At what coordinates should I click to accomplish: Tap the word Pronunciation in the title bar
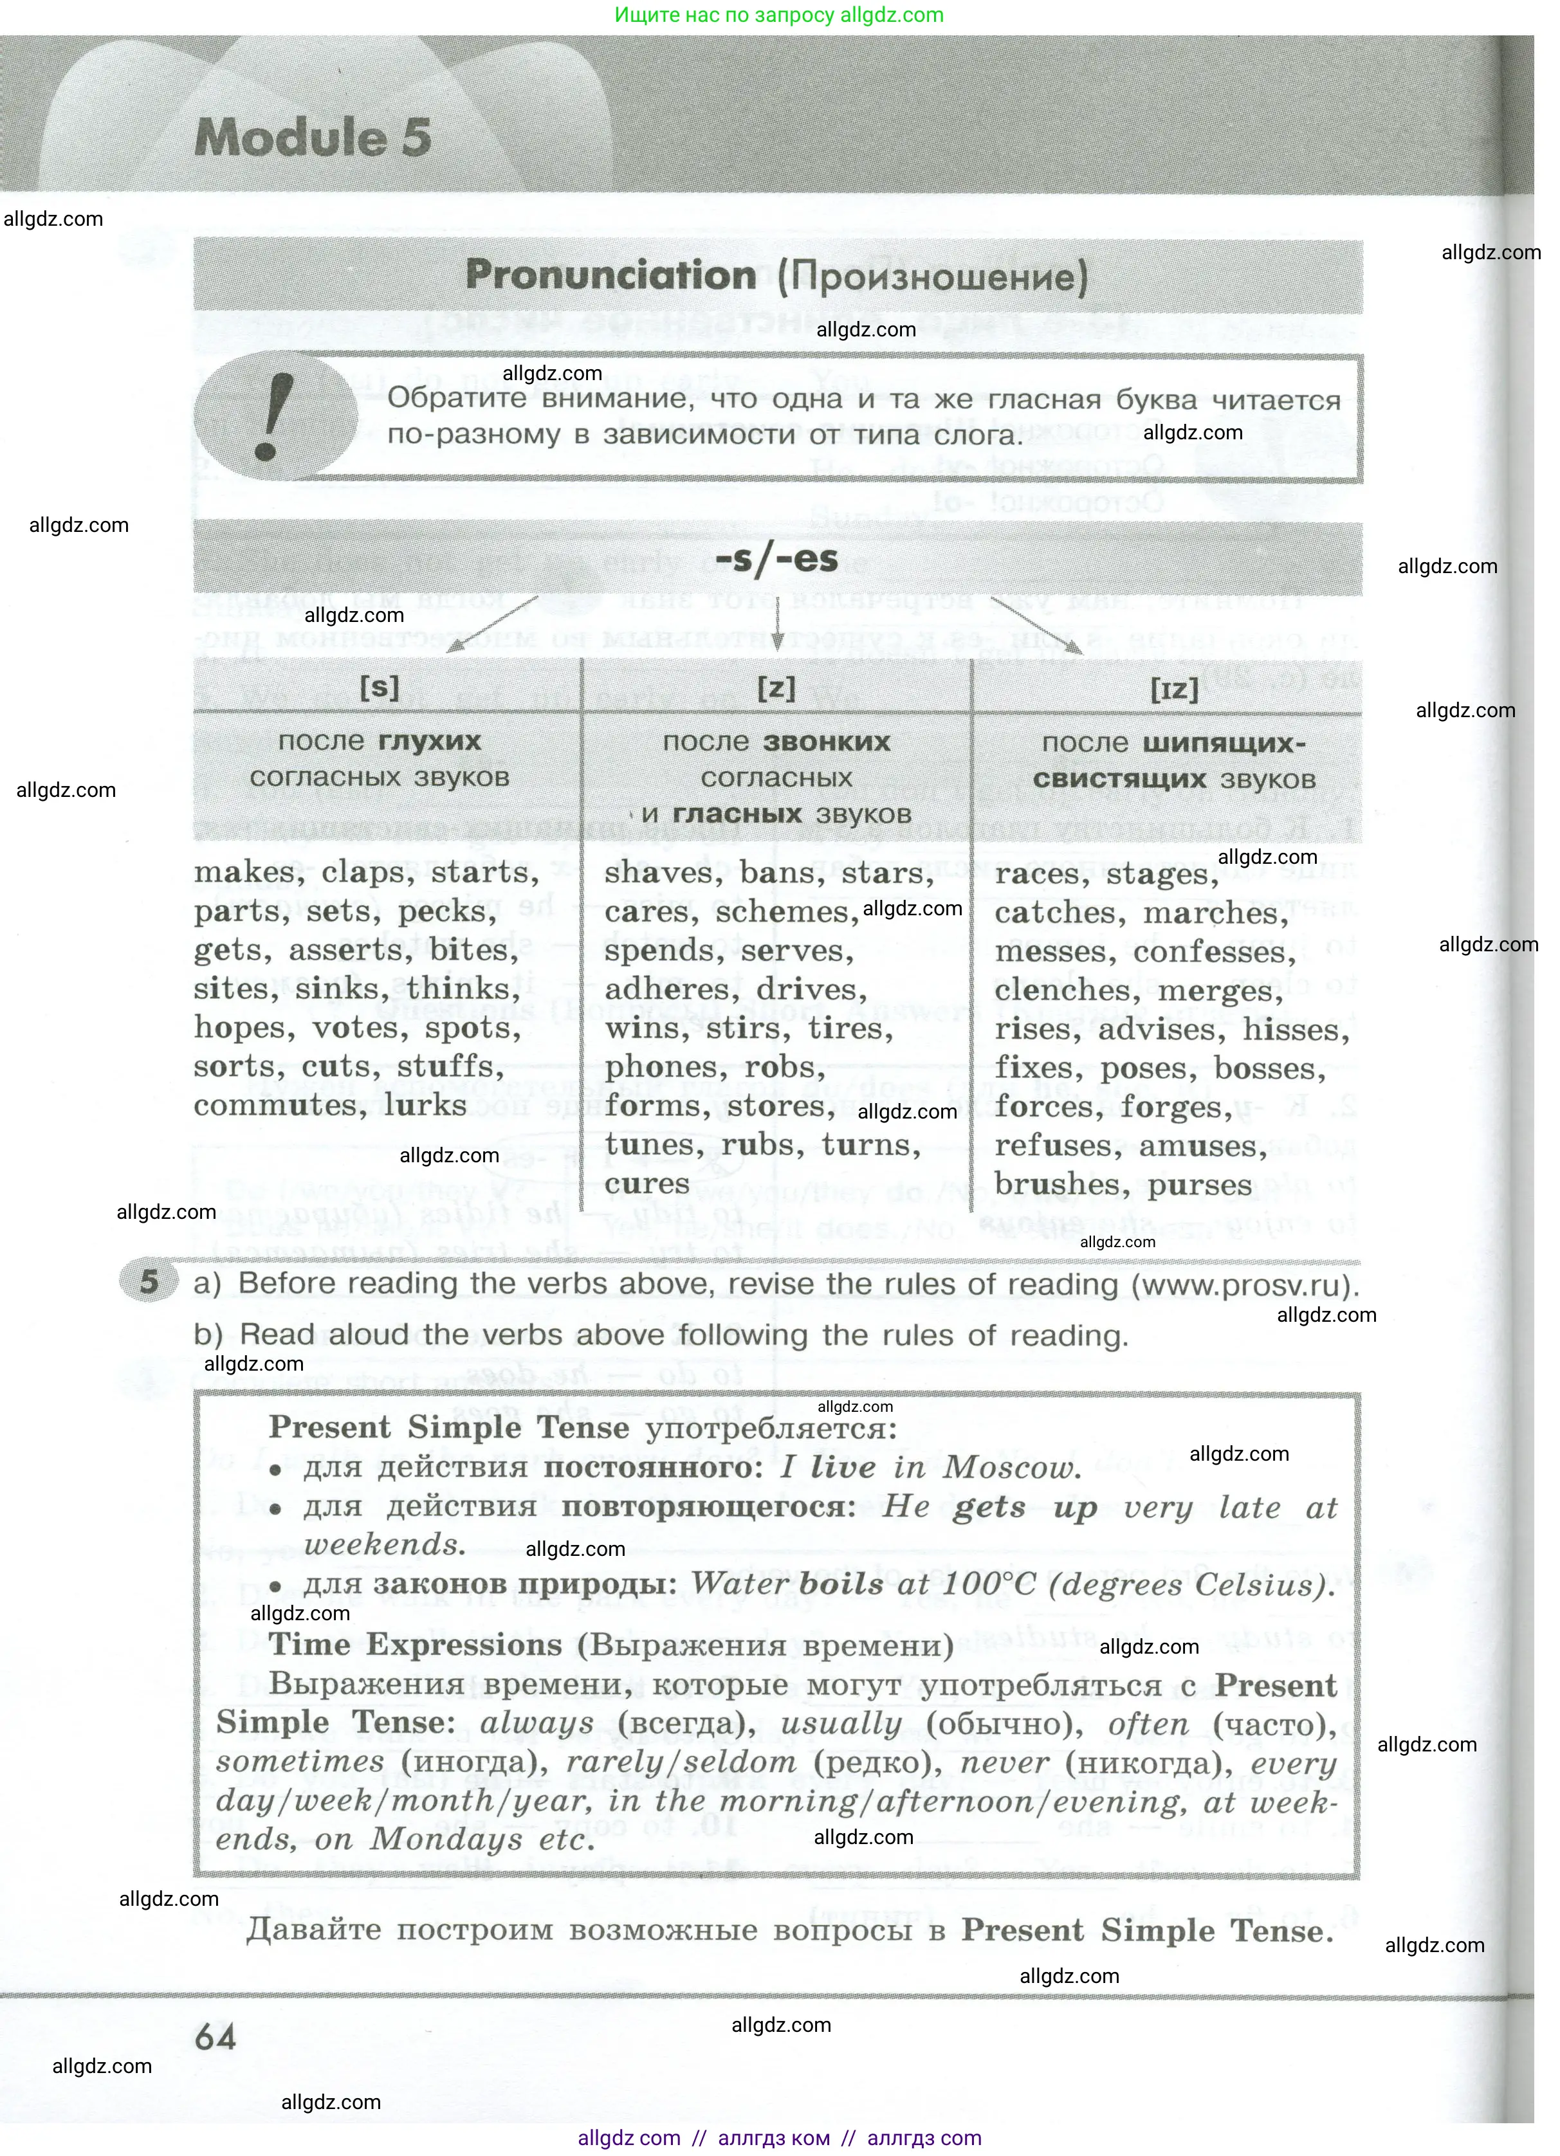click(x=610, y=276)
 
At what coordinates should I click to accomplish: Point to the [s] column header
click(x=380, y=686)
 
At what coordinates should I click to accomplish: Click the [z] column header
click(x=776, y=686)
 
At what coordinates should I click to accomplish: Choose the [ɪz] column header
click(x=1174, y=688)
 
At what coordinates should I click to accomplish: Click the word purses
click(x=1200, y=1186)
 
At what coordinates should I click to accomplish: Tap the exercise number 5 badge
click(x=149, y=1281)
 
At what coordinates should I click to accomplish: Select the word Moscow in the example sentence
click(x=1011, y=1468)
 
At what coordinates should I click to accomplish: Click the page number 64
click(x=216, y=2037)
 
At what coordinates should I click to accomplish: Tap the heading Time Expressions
click(x=416, y=1645)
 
